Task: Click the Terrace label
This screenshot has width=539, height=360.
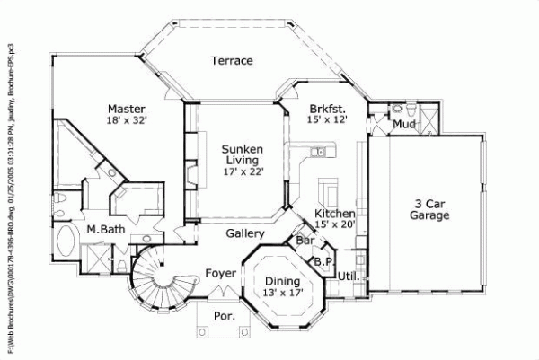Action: tap(232, 61)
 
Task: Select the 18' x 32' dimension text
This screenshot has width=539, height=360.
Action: tap(127, 119)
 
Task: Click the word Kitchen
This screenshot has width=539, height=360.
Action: tap(333, 214)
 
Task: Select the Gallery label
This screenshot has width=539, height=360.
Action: tap(244, 233)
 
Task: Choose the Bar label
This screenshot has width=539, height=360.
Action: tap(305, 241)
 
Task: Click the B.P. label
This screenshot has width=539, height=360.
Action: tap(323, 261)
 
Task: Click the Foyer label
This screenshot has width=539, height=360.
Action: tap(220, 272)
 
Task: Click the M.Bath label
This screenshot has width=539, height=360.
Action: tap(104, 229)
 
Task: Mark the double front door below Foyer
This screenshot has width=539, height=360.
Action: tap(223, 292)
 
